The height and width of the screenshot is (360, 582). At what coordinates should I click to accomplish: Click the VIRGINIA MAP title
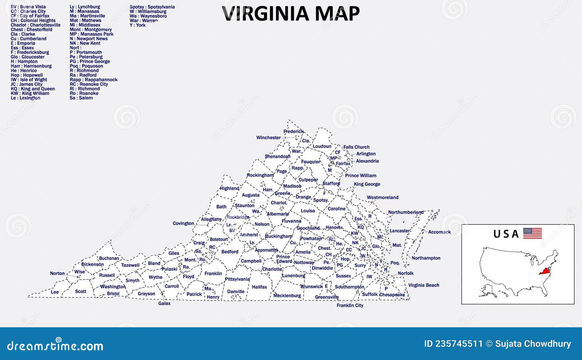pos(291,13)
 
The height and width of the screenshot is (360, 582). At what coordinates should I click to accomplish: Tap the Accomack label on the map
pos(439,232)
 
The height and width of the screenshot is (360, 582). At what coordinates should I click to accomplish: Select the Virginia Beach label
pos(423,285)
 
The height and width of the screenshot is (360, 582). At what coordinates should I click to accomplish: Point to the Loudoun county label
pos(322,147)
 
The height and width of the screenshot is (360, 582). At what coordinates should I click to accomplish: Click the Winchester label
pos(268,138)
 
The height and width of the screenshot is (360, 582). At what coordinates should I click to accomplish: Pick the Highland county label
pos(230,188)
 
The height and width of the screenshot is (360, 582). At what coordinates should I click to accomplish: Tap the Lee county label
pos(55,292)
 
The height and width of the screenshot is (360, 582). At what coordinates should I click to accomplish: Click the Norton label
pos(57,273)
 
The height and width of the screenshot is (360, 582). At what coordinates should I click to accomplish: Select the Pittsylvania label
pos(237,279)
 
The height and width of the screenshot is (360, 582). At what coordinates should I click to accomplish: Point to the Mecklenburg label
pos(287,296)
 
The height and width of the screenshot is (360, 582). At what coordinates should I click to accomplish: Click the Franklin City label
pos(350,305)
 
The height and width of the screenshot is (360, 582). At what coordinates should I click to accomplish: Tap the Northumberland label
pos(406,212)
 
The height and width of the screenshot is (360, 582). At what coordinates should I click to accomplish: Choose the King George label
pos(367,184)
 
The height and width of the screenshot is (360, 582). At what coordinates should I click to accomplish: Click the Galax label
pos(164,303)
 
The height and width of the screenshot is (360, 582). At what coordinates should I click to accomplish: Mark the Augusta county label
pos(251,195)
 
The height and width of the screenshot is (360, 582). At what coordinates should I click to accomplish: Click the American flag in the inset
pos(533,233)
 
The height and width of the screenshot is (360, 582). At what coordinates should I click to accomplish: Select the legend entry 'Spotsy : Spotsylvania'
pos(152,7)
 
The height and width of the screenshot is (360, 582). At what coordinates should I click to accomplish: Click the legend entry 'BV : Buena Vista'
pos(28,7)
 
